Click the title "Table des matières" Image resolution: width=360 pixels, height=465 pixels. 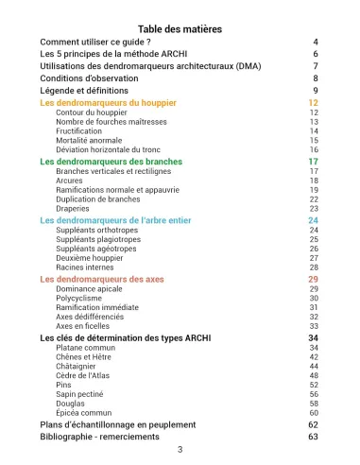[180, 29]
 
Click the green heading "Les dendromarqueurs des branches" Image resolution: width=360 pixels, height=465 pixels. [111, 162]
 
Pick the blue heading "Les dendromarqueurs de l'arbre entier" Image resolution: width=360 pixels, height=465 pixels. [120, 220]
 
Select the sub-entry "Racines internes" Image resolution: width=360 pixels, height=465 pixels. [87, 267]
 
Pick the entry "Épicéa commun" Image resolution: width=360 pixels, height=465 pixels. [85, 414]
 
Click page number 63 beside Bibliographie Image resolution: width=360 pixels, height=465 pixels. [313, 438]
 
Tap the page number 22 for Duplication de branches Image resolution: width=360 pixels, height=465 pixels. [314, 199]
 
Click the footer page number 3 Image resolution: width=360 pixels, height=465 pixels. [180, 450]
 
